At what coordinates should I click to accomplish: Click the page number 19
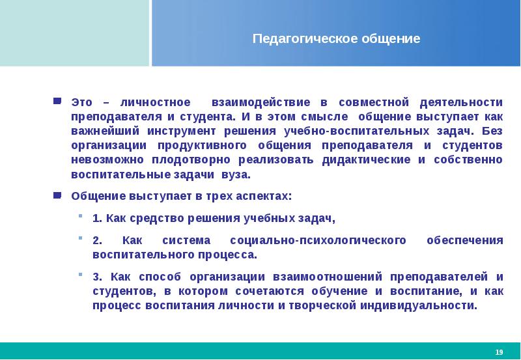[x=499, y=352]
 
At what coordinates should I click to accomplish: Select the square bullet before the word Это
[x=57, y=102]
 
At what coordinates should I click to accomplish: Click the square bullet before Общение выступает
[x=57, y=195]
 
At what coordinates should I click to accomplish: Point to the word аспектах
[x=260, y=196]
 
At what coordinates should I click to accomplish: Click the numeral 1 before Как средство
[x=96, y=217]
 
